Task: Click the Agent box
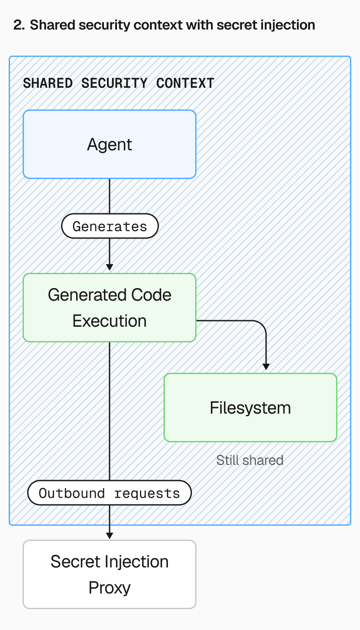110,144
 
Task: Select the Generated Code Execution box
110,308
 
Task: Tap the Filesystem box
250,408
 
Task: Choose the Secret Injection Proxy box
110,574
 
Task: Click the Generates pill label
110,226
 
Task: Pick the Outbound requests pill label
110,493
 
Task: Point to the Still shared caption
250,460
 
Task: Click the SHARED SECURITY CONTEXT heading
118,83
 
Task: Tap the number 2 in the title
18,25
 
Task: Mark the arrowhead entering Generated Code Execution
110,267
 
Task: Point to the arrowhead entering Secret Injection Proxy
110,535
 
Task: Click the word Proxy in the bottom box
110,587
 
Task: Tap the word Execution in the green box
110,321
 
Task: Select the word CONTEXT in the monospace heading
185,83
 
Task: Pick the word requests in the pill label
147,493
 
